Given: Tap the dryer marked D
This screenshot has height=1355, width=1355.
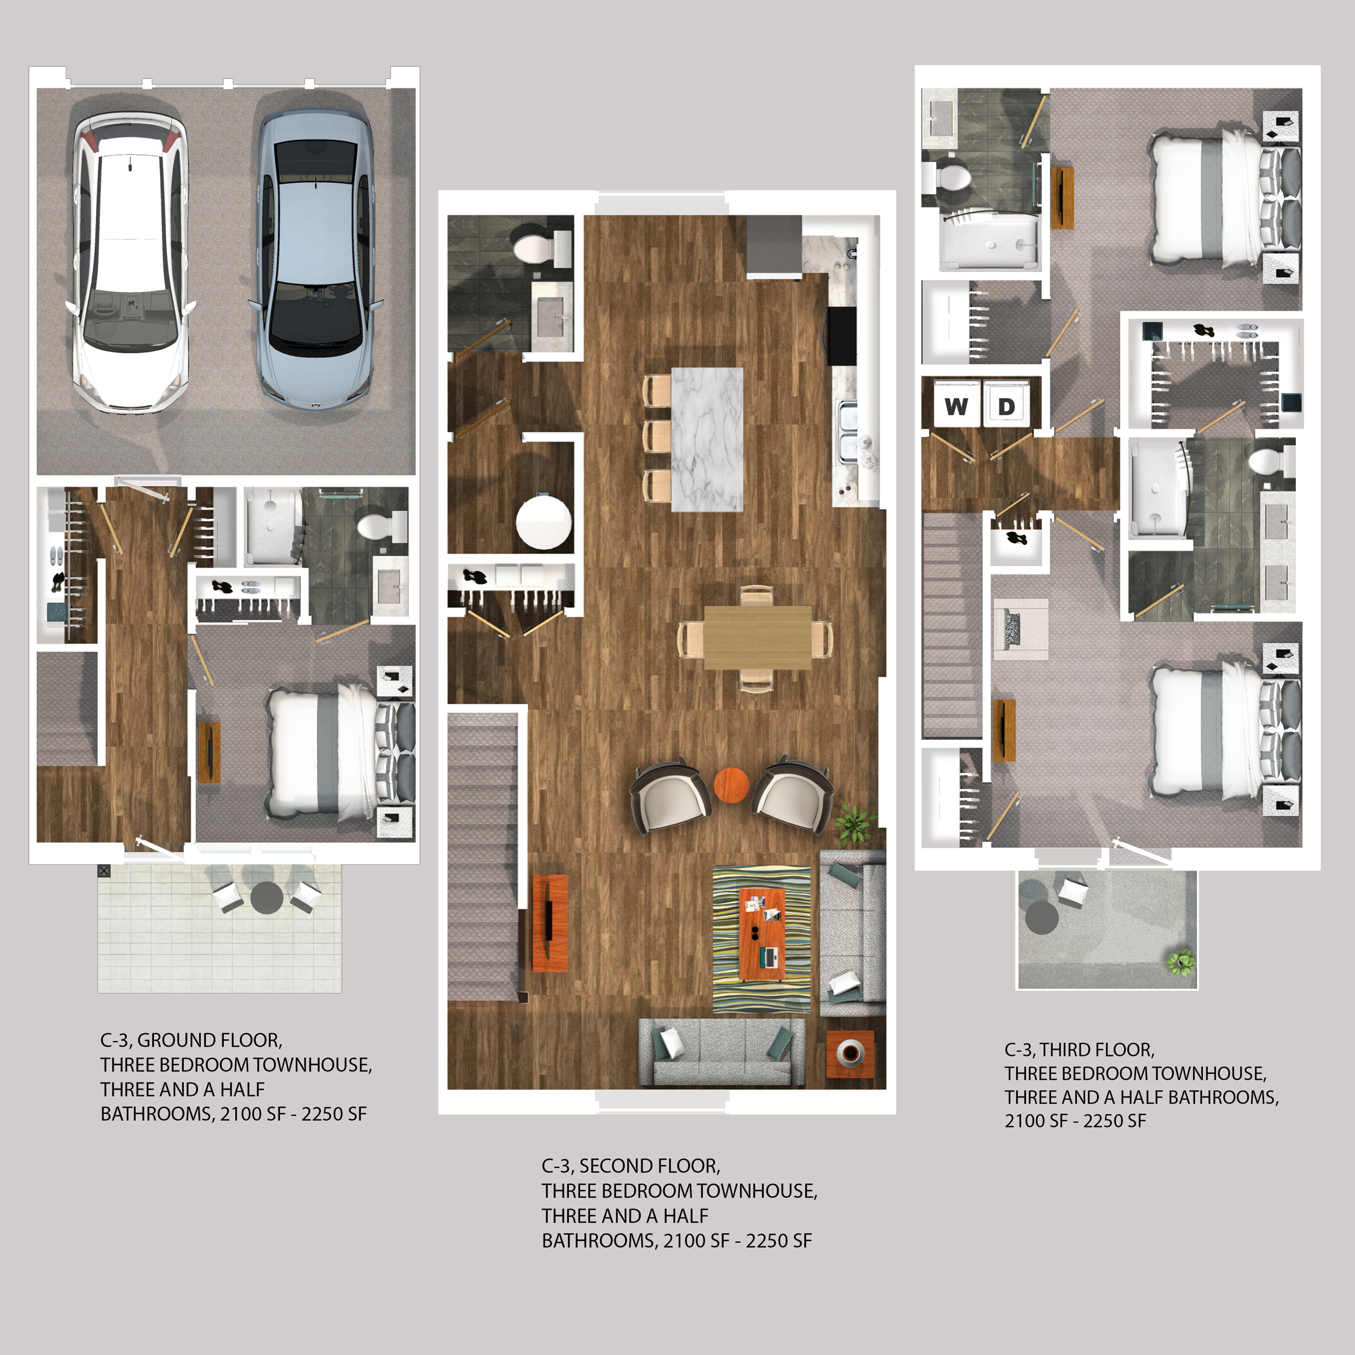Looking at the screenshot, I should (x=1006, y=405).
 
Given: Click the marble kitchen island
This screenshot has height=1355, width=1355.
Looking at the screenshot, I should (x=707, y=439).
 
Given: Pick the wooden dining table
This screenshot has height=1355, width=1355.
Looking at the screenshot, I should (x=758, y=637).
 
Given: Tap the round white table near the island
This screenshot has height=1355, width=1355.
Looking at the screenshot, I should (x=544, y=522).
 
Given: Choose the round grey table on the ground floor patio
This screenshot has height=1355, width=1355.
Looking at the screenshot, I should (x=267, y=897).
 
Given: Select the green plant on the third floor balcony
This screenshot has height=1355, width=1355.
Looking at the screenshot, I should (x=1180, y=962).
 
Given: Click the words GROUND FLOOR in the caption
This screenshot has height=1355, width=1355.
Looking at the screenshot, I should (x=209, y=1040).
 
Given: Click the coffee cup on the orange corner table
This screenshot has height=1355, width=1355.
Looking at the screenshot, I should (x=851, y=1051).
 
